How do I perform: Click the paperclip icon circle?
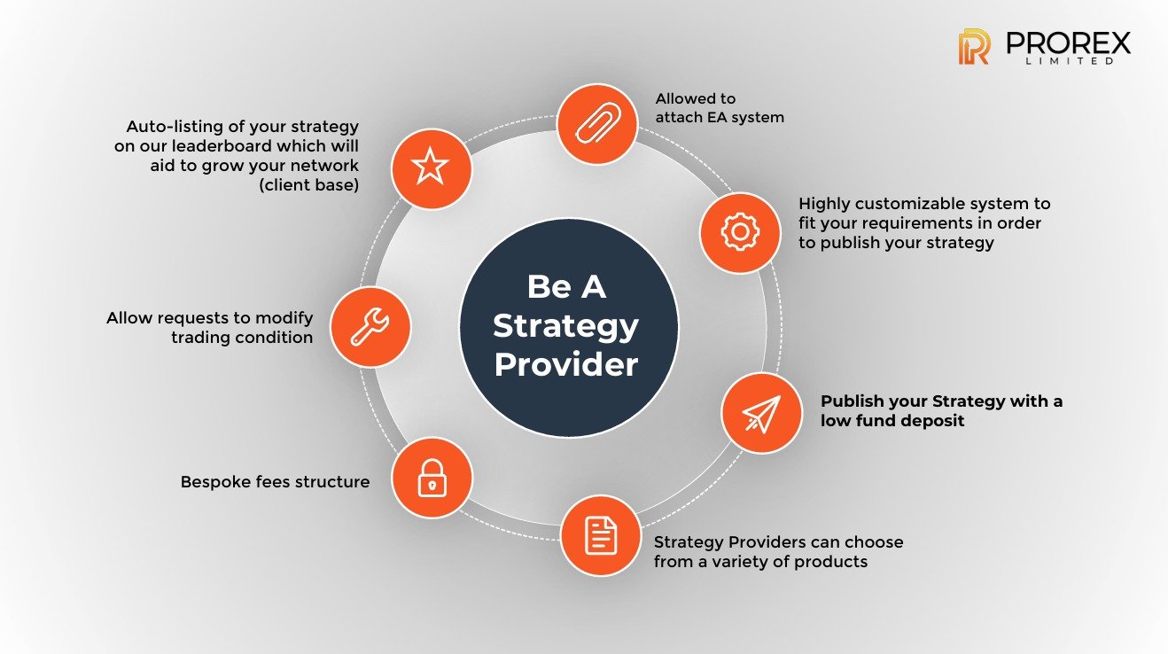[x=596, y=124]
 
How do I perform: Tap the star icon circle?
[x=431, y=167]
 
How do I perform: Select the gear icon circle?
[x=740, y=232]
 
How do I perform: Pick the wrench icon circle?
[x=370, y=327]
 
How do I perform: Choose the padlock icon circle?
[x=432, y=478]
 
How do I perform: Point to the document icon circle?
[x=600, y=535]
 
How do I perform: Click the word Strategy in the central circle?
[x=565, y=325]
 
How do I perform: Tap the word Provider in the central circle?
[x=565, y=364]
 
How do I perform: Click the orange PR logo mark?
[x=973, y=47]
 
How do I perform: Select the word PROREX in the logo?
[x=1068, y=42]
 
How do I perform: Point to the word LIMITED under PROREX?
[x=1068, y=62]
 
